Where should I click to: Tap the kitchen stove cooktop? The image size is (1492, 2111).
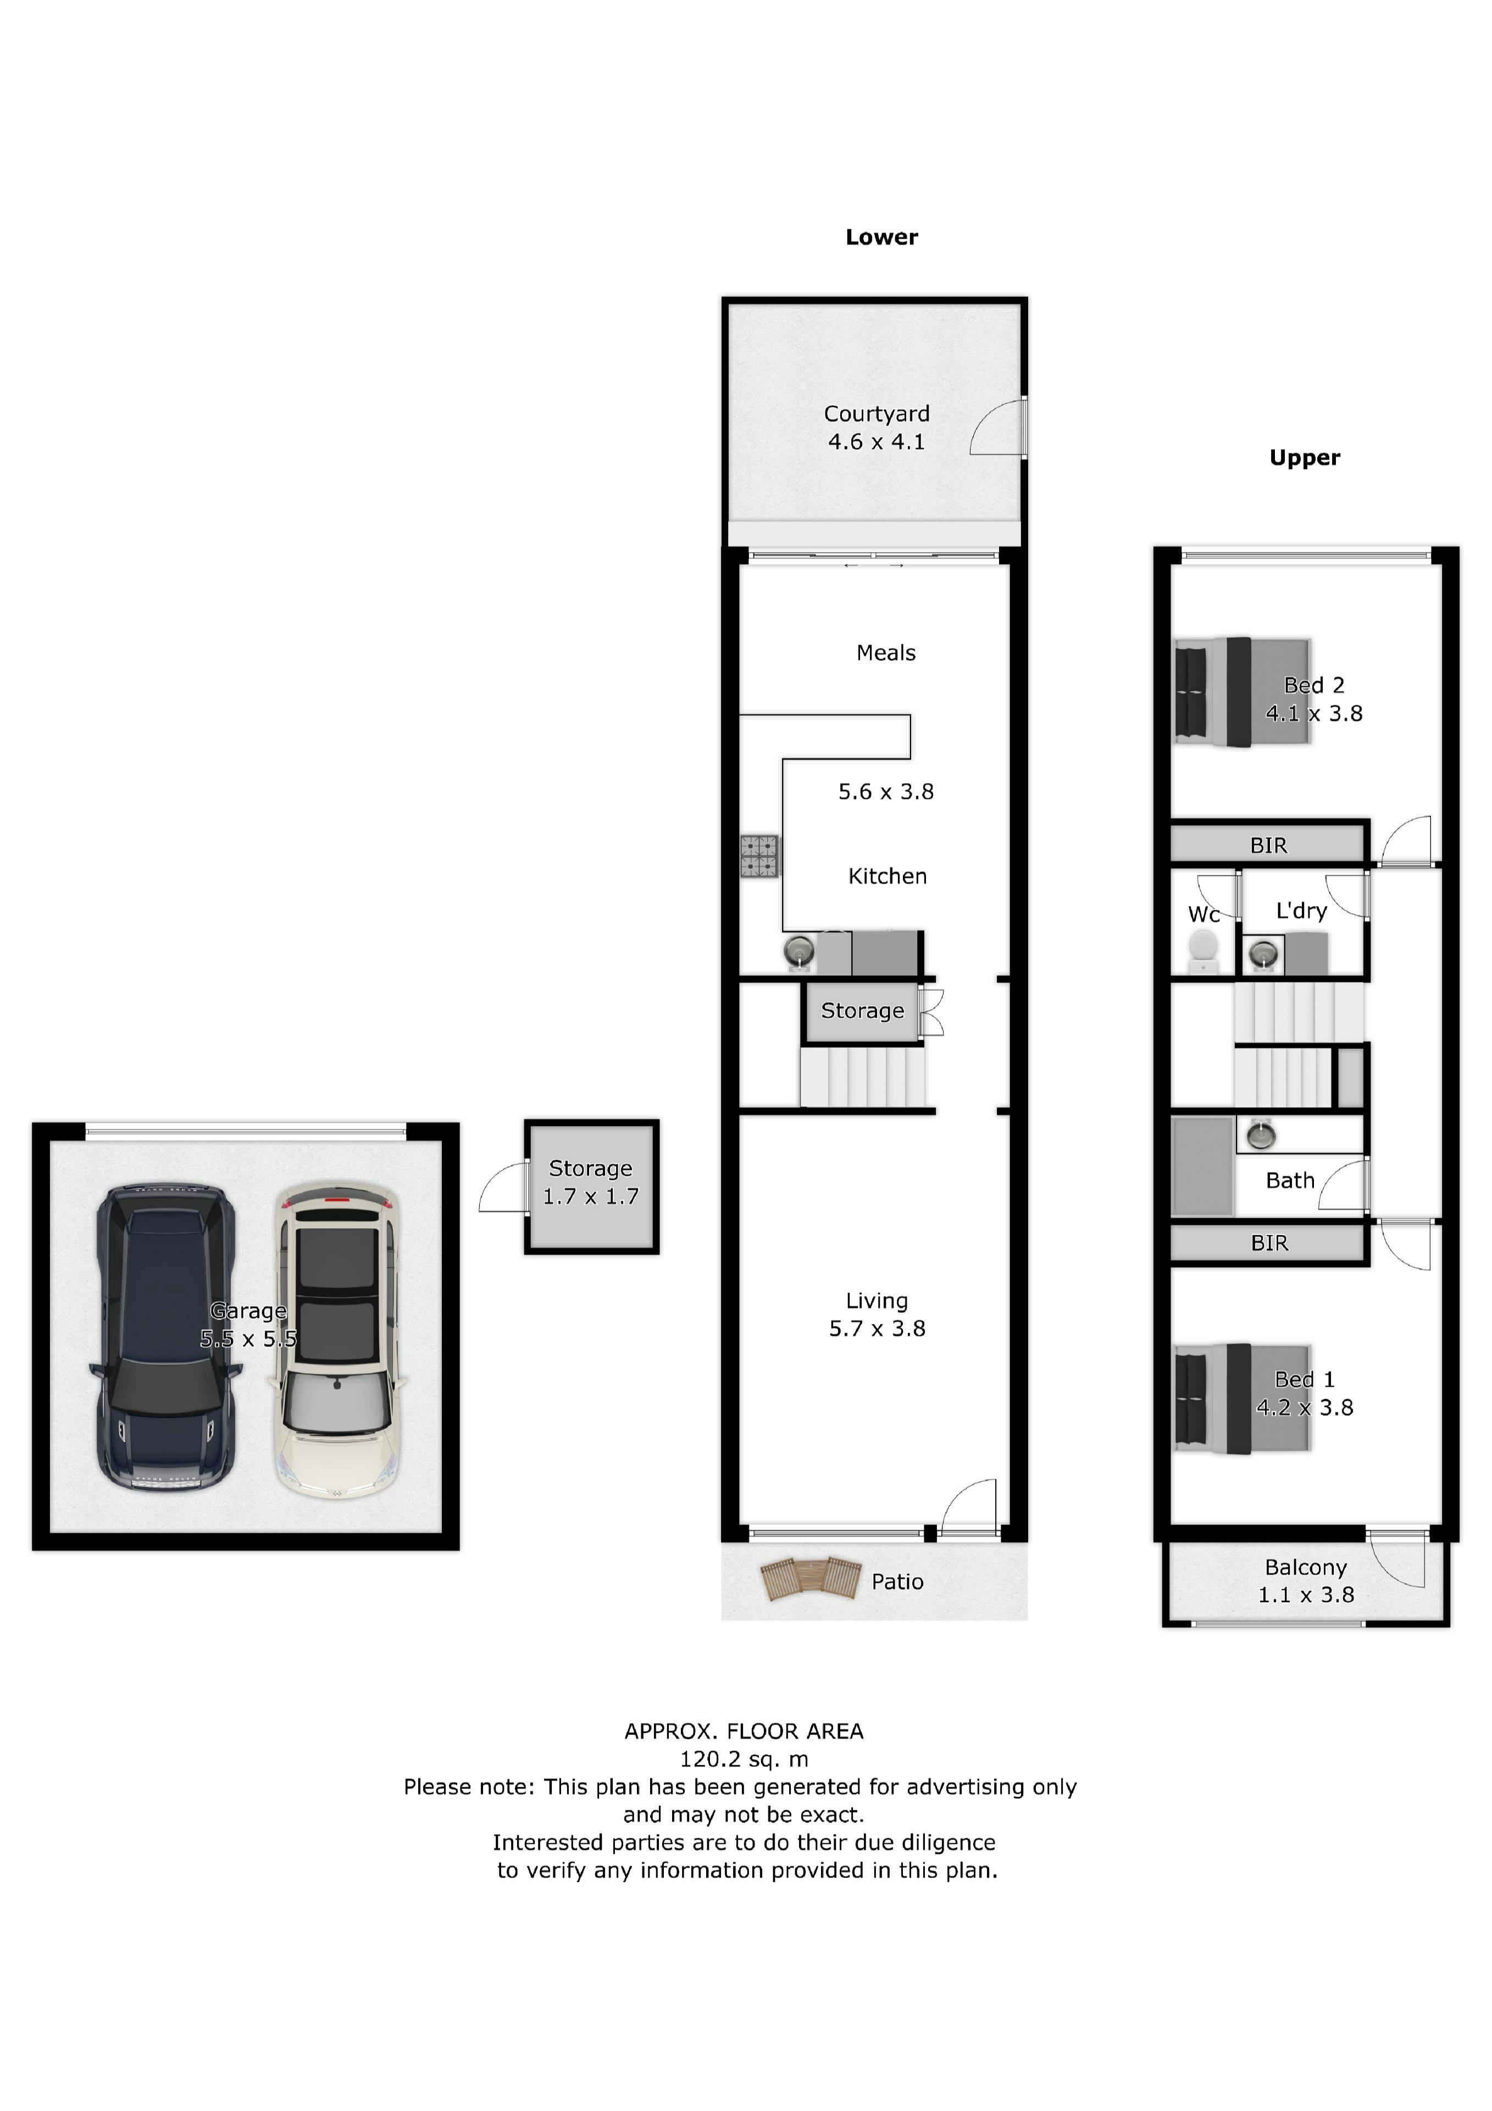(x=759, y=856)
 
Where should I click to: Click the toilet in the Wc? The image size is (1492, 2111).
(x=1202, y=952)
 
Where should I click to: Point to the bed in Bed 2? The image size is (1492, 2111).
(x=1243, y=692)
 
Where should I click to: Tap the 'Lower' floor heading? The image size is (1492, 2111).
(x=881, y=237)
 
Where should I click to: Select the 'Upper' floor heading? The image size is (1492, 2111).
(x=1305, y=458)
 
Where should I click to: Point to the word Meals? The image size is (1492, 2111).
(x=886, y=653)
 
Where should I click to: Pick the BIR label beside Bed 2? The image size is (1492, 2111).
(x=1269, y=845)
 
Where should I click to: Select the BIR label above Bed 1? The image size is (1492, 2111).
(x=1269, y=1243)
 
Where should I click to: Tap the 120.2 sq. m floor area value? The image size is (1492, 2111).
(x=744, y=1759)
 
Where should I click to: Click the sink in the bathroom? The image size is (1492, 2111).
(x=1261, y=1136)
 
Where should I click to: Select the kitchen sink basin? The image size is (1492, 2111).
(x=800, y=950)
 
